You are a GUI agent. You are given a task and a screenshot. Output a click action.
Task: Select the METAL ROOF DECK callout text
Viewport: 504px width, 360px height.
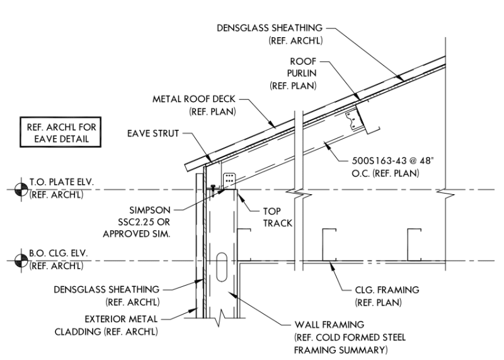pos(194,105)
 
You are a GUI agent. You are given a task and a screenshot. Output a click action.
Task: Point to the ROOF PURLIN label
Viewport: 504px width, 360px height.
pos(294,73)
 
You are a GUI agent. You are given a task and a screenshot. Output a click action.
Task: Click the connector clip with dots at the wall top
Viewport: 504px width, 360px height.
pos(229,178)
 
